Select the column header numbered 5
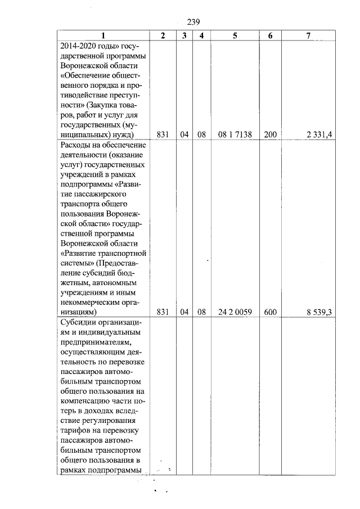tap(235, 35)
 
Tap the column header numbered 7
tap(308, 35)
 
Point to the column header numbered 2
tap(163, 35)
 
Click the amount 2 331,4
tap(317, 135)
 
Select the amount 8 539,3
tap(317, 311)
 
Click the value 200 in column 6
tap(271, 135)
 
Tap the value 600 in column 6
tap(271, 311)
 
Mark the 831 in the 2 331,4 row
tap(163, 135)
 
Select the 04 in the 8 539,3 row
tap(184, 311)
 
